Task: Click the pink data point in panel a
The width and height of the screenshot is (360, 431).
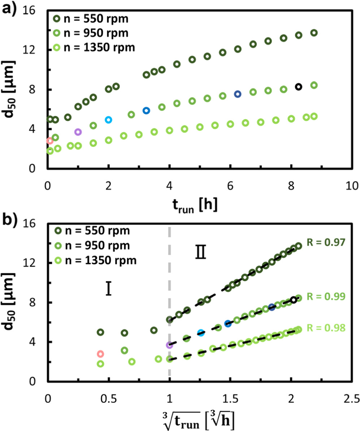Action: pos(50,141)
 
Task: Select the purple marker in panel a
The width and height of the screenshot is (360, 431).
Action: pos(78,132)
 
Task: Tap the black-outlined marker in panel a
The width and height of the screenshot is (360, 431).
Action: pos(298,87)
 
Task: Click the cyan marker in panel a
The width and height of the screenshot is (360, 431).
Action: pos(108,119)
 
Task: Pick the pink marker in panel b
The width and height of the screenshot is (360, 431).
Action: pos(100,354)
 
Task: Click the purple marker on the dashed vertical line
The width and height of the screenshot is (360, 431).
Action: pos(169,345)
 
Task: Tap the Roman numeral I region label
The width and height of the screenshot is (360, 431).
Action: pos(108,289)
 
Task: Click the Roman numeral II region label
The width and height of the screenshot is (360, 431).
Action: pos(200,253)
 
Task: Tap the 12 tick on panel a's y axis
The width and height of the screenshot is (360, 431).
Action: pos(34,50)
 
